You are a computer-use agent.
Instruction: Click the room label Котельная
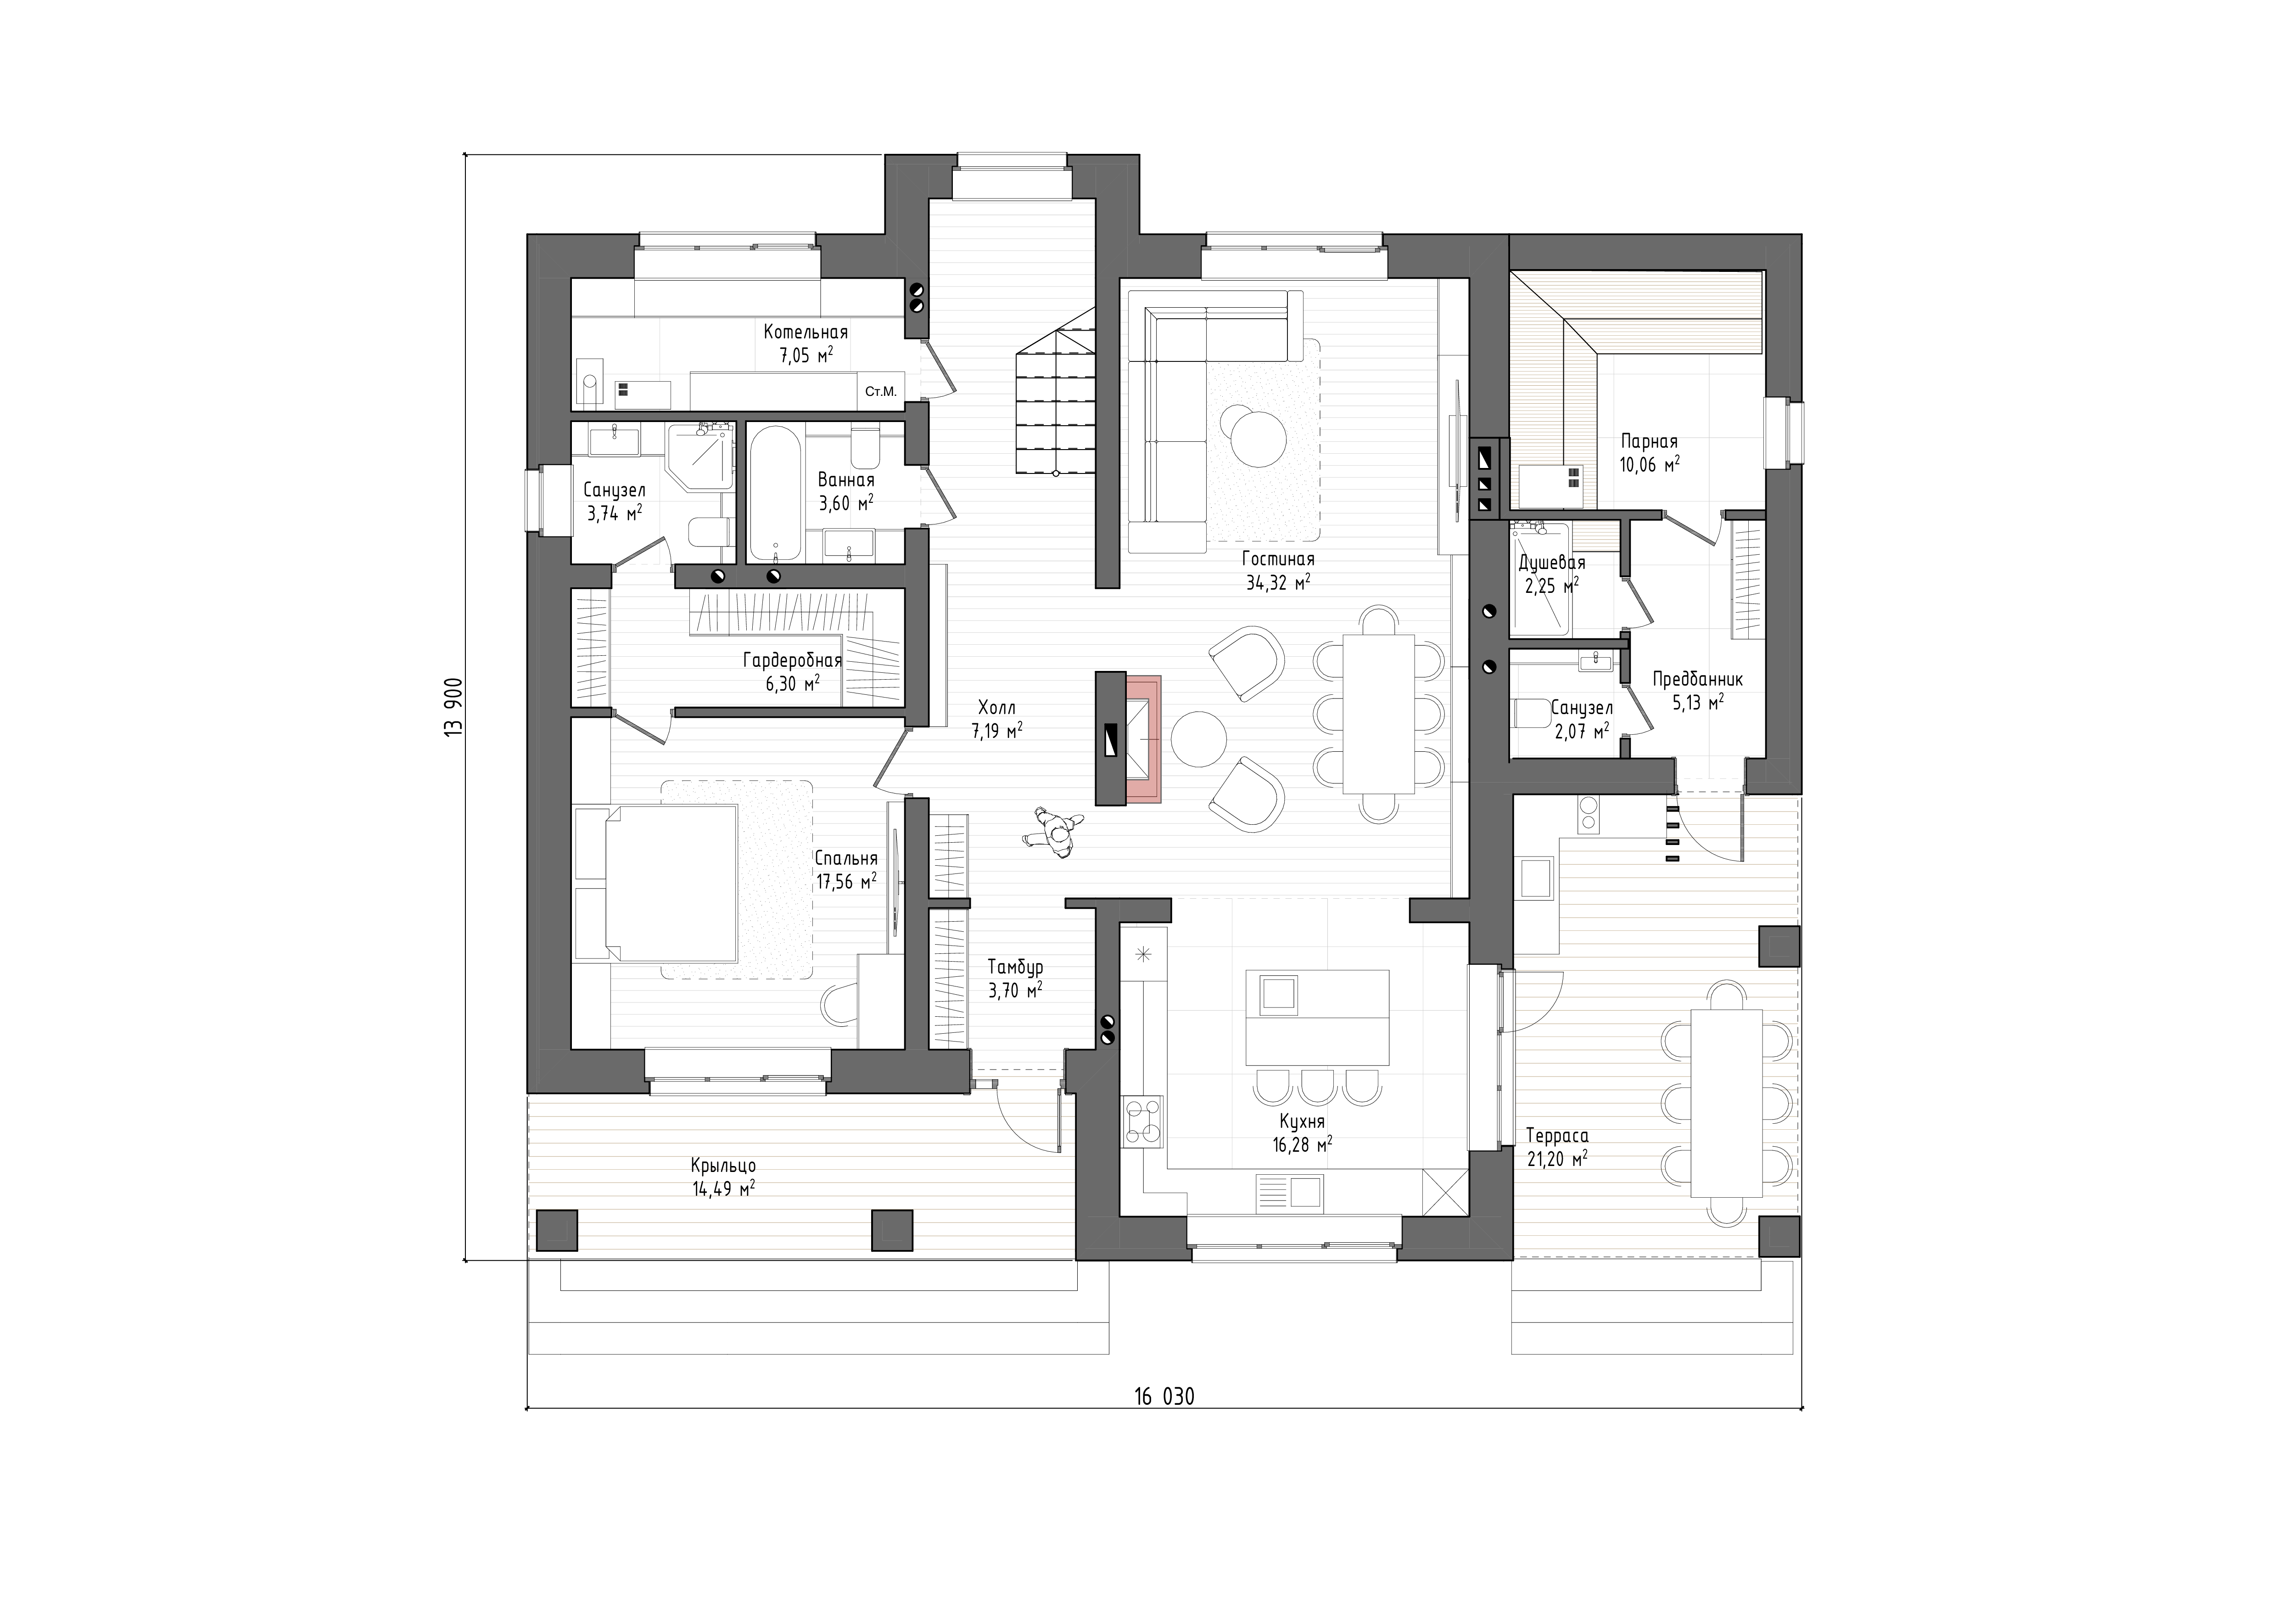[x=805, y=332]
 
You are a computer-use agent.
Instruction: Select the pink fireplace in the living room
[x=1142, y=739]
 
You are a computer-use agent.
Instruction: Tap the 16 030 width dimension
[x=1164, y=1397]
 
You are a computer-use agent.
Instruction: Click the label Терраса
[x=1557, y=1135]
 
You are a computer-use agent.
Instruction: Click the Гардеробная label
[x=792, y=661]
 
